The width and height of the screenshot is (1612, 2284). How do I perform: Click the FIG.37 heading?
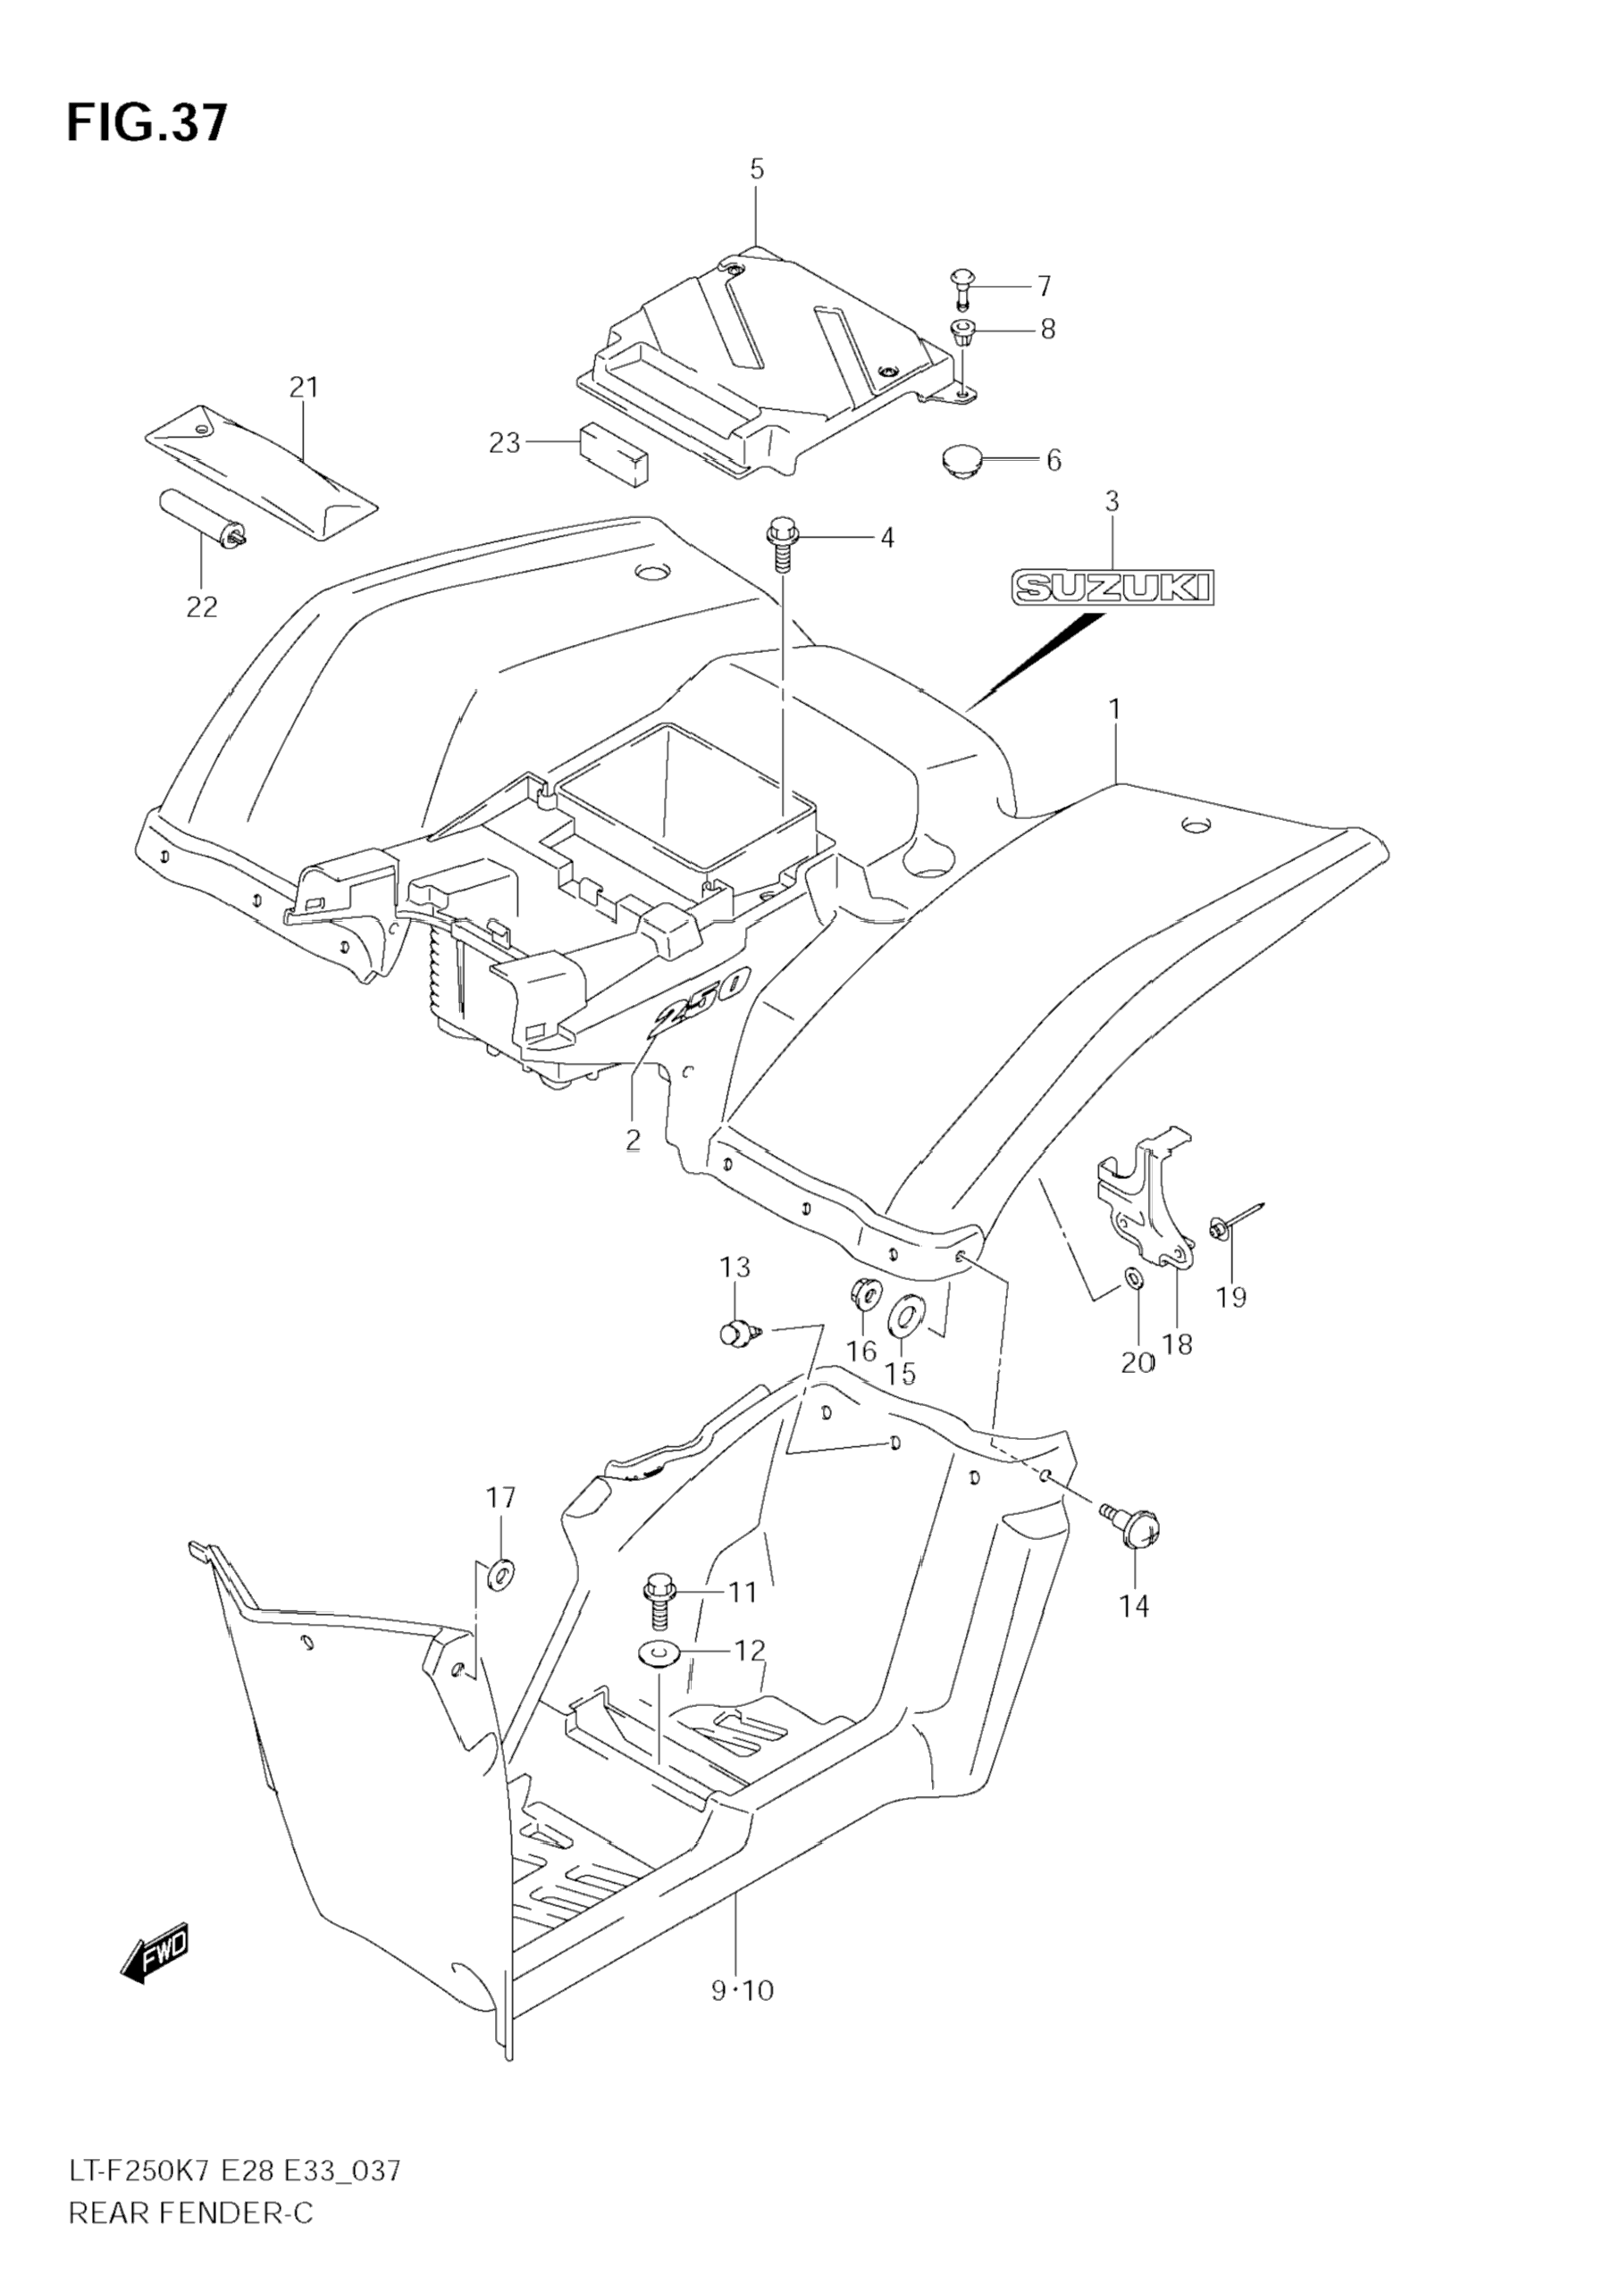tap(147, 123)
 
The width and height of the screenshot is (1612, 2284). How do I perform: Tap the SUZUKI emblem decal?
tap(1113, 587)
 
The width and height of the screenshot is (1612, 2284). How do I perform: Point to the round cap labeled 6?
tap(961, 462)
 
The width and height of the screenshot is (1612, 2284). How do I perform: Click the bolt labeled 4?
tap(780, 545)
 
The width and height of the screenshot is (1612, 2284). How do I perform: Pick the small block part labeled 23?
tap(613, 454)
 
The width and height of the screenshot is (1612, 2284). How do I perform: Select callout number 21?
tap(304, 387)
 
